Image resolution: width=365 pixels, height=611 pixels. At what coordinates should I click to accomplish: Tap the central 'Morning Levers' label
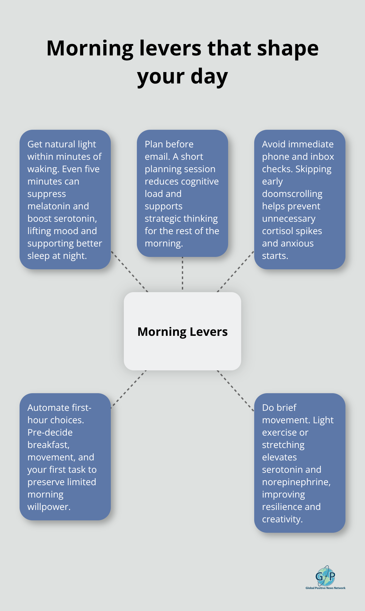182,332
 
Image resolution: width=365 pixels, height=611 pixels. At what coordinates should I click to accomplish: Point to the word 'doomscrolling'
292,194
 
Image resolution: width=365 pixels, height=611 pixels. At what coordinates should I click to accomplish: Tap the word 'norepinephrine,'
296,482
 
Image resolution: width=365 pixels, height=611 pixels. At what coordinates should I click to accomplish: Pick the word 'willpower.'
49,507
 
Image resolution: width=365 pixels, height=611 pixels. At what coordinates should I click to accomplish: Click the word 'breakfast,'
48,445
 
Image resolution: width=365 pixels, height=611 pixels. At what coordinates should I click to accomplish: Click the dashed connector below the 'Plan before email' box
182,274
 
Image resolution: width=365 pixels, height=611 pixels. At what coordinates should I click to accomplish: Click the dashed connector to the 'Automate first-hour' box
129,389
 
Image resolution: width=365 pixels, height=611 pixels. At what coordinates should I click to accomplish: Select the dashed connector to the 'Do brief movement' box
235,390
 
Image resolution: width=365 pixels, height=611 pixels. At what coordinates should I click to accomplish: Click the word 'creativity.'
282,519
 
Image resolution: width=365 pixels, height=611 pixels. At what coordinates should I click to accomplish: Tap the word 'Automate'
48,408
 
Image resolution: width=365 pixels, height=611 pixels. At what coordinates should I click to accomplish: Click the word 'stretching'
283,445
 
